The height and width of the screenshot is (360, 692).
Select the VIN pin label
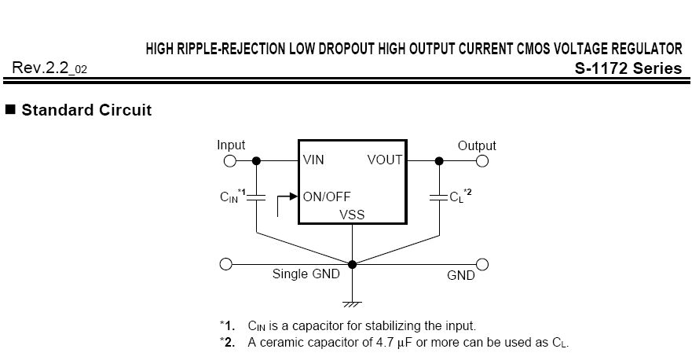(x=313, y=160)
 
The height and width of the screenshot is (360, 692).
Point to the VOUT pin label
(x=385, y=160)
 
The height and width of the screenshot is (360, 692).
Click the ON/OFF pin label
(x=327, y=197)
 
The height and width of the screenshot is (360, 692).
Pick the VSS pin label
(x=352, y=215)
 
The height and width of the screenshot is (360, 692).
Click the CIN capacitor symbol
(x=256, y=197)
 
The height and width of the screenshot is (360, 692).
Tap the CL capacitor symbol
(x=439, y=197)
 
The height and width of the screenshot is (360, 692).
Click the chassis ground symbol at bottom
(x=352, y=304)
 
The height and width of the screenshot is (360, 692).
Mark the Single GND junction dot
(x=352, y=265)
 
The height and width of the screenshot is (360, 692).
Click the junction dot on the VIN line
(x=256, y=161)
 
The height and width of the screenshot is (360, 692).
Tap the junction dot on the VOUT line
(x=439, y=161)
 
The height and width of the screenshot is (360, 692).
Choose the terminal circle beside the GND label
(x=482, y=265)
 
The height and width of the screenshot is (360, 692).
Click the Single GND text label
(x=306, y=274)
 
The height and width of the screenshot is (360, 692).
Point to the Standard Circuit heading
(x=86, y=110)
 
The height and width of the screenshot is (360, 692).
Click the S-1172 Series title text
(x=628, y=68)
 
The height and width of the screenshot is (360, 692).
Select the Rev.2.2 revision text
(x=49, y=68)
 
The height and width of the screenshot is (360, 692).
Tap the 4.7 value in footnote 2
(x=385, y=343)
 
